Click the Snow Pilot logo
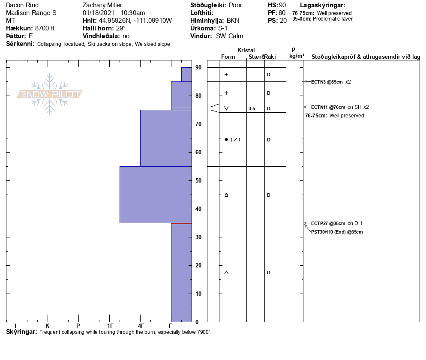click(50, 94)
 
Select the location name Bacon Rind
click(22, 5)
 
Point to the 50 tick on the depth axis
click(198, 180)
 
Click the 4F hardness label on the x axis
click(141, 326)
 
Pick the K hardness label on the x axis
click(47, 326)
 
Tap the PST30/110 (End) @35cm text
click(337, 232)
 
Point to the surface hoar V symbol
click(226, 108)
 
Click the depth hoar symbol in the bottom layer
click(226, 273)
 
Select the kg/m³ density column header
click(297, 56)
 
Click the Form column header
click(228, 57)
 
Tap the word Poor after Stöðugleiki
click(235, 5)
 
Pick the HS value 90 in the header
click(282, 5)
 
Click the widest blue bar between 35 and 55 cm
click(156, 195)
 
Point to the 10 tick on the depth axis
click(198, 294)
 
